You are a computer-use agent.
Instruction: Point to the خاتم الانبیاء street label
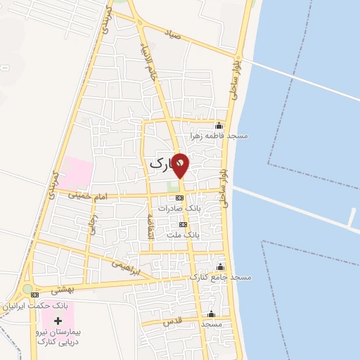coord(153,69)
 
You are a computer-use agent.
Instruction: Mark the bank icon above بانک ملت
coord(183,224)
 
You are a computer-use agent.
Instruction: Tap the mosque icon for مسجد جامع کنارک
coord(221,267)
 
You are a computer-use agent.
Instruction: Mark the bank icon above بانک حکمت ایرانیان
coord(35,295)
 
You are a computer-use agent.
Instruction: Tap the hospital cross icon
coord(57,320)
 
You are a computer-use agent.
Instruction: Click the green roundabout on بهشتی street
coord(27,288)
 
